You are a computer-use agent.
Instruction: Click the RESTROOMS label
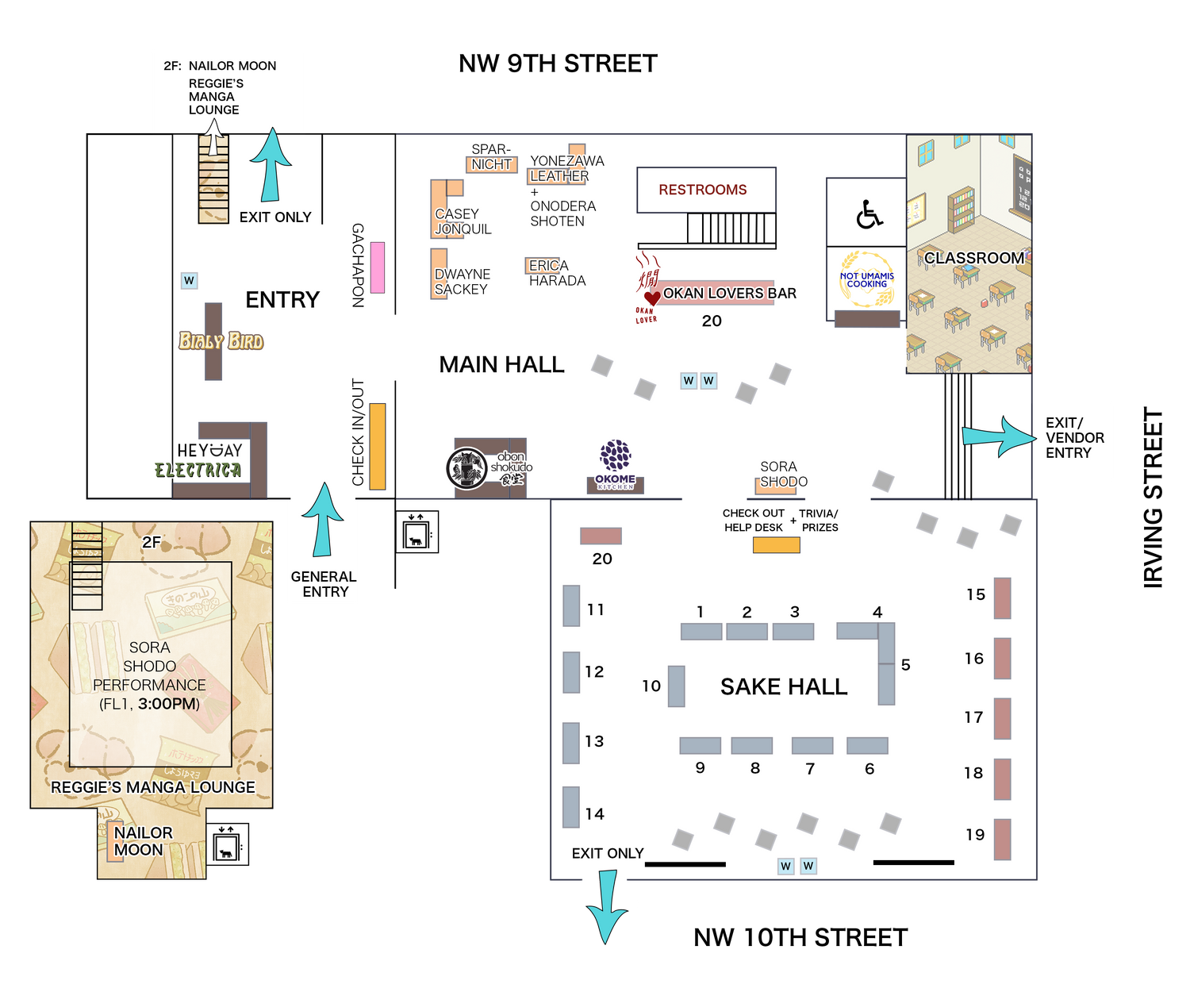(x=702, y=190)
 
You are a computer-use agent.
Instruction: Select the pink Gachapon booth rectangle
(x=378, y=267)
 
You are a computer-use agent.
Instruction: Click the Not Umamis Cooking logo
(x=867, y=279)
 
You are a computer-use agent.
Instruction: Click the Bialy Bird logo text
(x=221, y=341)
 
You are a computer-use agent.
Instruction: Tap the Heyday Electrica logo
(x=198, y=461)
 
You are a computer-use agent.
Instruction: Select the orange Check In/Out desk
(x=378, y=446)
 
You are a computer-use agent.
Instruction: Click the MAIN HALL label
(x=501, y=364)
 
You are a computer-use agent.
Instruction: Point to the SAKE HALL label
(x=783, y=686)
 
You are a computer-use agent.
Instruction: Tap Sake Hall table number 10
(x=676, y=686)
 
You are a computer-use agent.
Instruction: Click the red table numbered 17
(x=1003, y=718)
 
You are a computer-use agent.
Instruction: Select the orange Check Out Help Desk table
(x=776, y=545)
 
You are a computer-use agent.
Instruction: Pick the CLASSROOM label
(x=973, y=258)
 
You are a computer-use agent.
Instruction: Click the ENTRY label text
(x=282, y=300)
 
